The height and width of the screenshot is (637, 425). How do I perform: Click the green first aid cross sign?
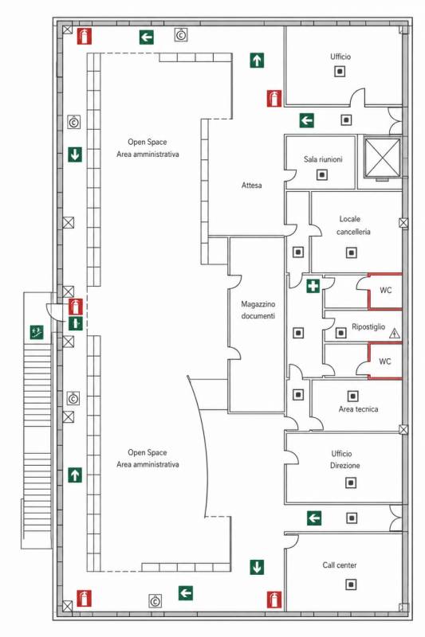point(313,286)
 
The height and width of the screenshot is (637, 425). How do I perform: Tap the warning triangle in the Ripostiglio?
point(394,334)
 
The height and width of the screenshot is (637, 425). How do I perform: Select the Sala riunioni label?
point(323,159)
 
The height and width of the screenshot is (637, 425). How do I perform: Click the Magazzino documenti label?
point(258,310)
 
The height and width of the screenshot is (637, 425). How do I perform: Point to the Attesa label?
point(252,186)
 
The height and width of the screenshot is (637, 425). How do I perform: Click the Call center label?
point(340,565)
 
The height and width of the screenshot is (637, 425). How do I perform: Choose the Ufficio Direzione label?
point(345,459)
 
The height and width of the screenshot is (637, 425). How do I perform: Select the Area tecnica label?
point(358,409)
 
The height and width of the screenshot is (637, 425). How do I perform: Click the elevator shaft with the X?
point(382,158)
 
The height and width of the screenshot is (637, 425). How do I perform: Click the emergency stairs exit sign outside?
point(37,332)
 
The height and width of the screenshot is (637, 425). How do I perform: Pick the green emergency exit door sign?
point(76,323)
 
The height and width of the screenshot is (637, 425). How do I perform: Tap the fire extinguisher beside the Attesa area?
point(274,98)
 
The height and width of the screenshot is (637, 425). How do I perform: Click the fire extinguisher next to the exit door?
point(76,307)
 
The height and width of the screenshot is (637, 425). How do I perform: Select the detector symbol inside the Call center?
point(351,584)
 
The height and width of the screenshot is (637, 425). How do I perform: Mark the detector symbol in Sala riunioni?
point(322,174)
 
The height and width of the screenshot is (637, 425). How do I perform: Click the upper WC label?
point(386,290)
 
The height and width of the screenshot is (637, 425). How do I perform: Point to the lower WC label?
point(385,361)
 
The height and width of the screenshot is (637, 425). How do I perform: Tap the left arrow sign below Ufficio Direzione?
point(314,518)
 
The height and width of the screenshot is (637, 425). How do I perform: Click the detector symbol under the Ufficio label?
point(340,72)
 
